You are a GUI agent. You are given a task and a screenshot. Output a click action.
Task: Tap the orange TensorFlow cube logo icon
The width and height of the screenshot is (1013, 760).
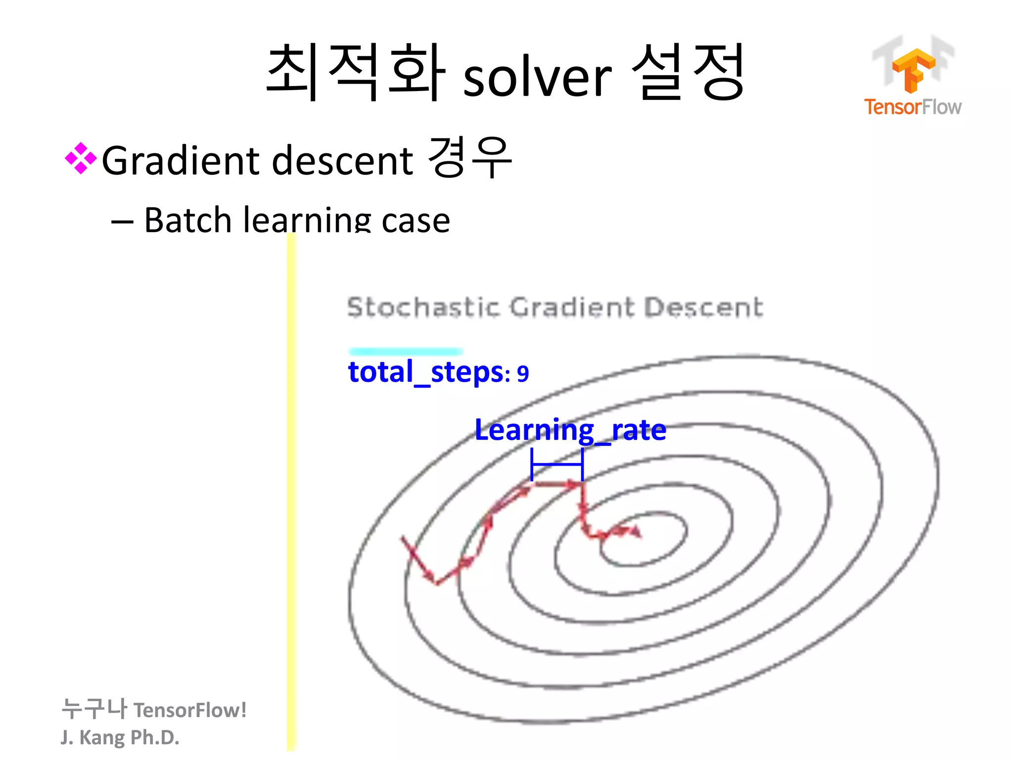point(913,69)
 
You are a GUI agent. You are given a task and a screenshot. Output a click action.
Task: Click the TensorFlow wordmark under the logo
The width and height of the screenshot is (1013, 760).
point(913,107)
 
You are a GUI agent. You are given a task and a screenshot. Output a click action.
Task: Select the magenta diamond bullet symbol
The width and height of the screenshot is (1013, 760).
point(81,158)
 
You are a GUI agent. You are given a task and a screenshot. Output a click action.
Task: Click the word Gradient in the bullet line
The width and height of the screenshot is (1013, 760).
point(181,160)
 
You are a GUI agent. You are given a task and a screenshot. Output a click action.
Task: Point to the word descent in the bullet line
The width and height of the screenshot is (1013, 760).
point(342,160)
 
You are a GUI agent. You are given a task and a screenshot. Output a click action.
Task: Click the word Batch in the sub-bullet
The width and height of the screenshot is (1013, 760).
point(187,220)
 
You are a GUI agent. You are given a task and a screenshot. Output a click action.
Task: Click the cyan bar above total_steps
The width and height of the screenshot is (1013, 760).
point(406,351)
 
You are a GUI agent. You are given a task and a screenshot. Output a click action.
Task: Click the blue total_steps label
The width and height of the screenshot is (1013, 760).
point(425,372)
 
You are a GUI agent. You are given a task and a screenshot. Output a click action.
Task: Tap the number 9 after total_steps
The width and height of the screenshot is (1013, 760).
point(523,374)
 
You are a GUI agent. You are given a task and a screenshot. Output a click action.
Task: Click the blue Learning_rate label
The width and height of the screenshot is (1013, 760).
point(570,429)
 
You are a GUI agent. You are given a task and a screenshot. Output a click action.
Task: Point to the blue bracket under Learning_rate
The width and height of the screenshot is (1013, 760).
point(557,465)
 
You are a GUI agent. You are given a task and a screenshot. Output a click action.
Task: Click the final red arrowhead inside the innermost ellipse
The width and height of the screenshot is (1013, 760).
point(636,532)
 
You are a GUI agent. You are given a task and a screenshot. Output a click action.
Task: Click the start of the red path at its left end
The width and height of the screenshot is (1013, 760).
point(404,538)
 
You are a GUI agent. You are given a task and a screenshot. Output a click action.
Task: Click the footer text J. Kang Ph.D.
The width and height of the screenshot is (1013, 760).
point(120,737)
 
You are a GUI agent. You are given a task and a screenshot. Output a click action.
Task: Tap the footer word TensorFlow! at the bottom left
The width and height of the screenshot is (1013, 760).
point(190,710)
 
